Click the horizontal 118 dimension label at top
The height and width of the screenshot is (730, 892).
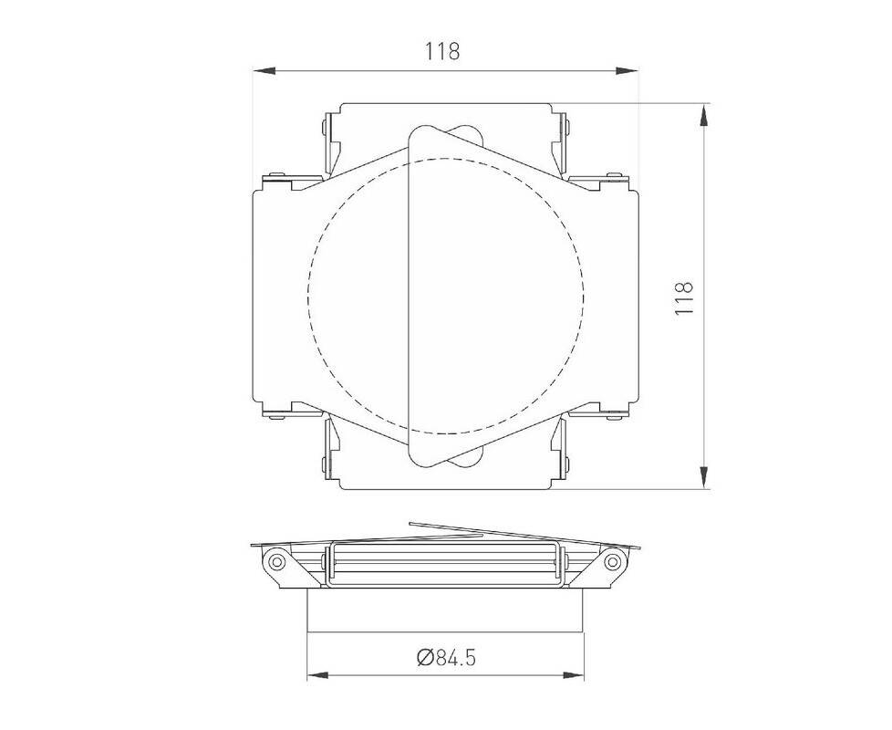tap(442, 52)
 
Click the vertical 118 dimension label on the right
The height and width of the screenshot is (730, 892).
tap(683, 297)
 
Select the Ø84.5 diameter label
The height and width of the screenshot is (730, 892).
tap(446, 658)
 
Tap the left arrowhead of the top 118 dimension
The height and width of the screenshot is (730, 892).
tap(264, 70)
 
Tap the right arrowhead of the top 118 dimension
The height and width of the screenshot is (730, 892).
tap(627, 70)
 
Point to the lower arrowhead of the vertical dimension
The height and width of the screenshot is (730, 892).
tap(704, 477)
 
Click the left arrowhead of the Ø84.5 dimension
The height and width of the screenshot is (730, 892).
tap(318, 675)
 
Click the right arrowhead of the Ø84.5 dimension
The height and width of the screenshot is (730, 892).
tap(573, 675)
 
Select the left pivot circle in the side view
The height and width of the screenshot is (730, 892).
tap(277, 561)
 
